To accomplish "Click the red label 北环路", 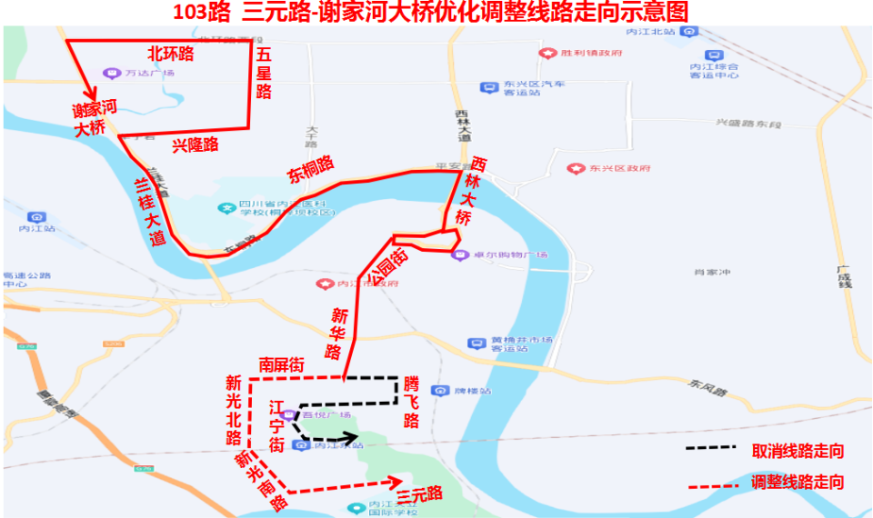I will coord(172,54).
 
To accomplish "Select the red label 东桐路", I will coord(311,169).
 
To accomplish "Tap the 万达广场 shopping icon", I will coord(112,74).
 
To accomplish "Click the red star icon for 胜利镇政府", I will coord(547,53).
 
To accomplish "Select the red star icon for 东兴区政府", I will coord(575,169).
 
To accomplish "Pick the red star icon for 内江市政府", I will coord(325,284).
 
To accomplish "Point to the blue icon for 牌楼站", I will coord(440,391).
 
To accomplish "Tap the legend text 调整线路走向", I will coord(798,483).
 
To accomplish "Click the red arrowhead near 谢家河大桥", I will coord(91,93).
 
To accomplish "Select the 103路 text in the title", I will coord(202,13).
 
